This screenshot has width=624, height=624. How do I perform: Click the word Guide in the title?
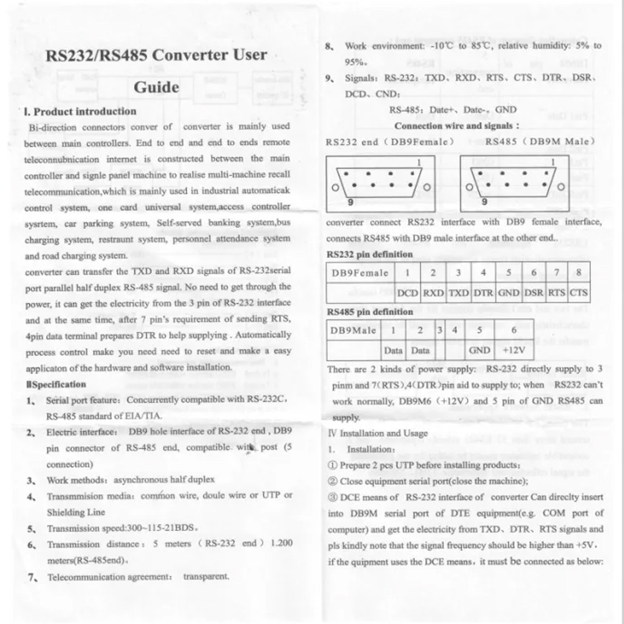point(156,87)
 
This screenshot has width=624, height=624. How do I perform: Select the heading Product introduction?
point(84,112)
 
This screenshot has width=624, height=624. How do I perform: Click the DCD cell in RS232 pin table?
point(407,292)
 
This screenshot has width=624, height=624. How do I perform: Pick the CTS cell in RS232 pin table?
point(578,292)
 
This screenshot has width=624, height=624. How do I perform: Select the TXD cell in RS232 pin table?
point(459,292)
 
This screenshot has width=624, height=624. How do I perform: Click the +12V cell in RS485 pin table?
point(513,350)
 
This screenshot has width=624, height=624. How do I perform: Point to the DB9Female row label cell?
point(360,273)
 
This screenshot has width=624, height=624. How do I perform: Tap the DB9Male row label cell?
point(354,330)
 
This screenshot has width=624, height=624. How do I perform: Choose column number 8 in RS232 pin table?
point(578,273)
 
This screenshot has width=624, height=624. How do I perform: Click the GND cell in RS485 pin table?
point(479,350)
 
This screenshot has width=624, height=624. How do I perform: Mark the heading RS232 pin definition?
point(369,255)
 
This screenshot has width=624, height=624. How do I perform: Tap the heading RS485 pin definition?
point(369,311)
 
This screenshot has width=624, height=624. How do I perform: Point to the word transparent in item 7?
point(206,577)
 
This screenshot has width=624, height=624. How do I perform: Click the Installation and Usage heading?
point(378,433)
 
